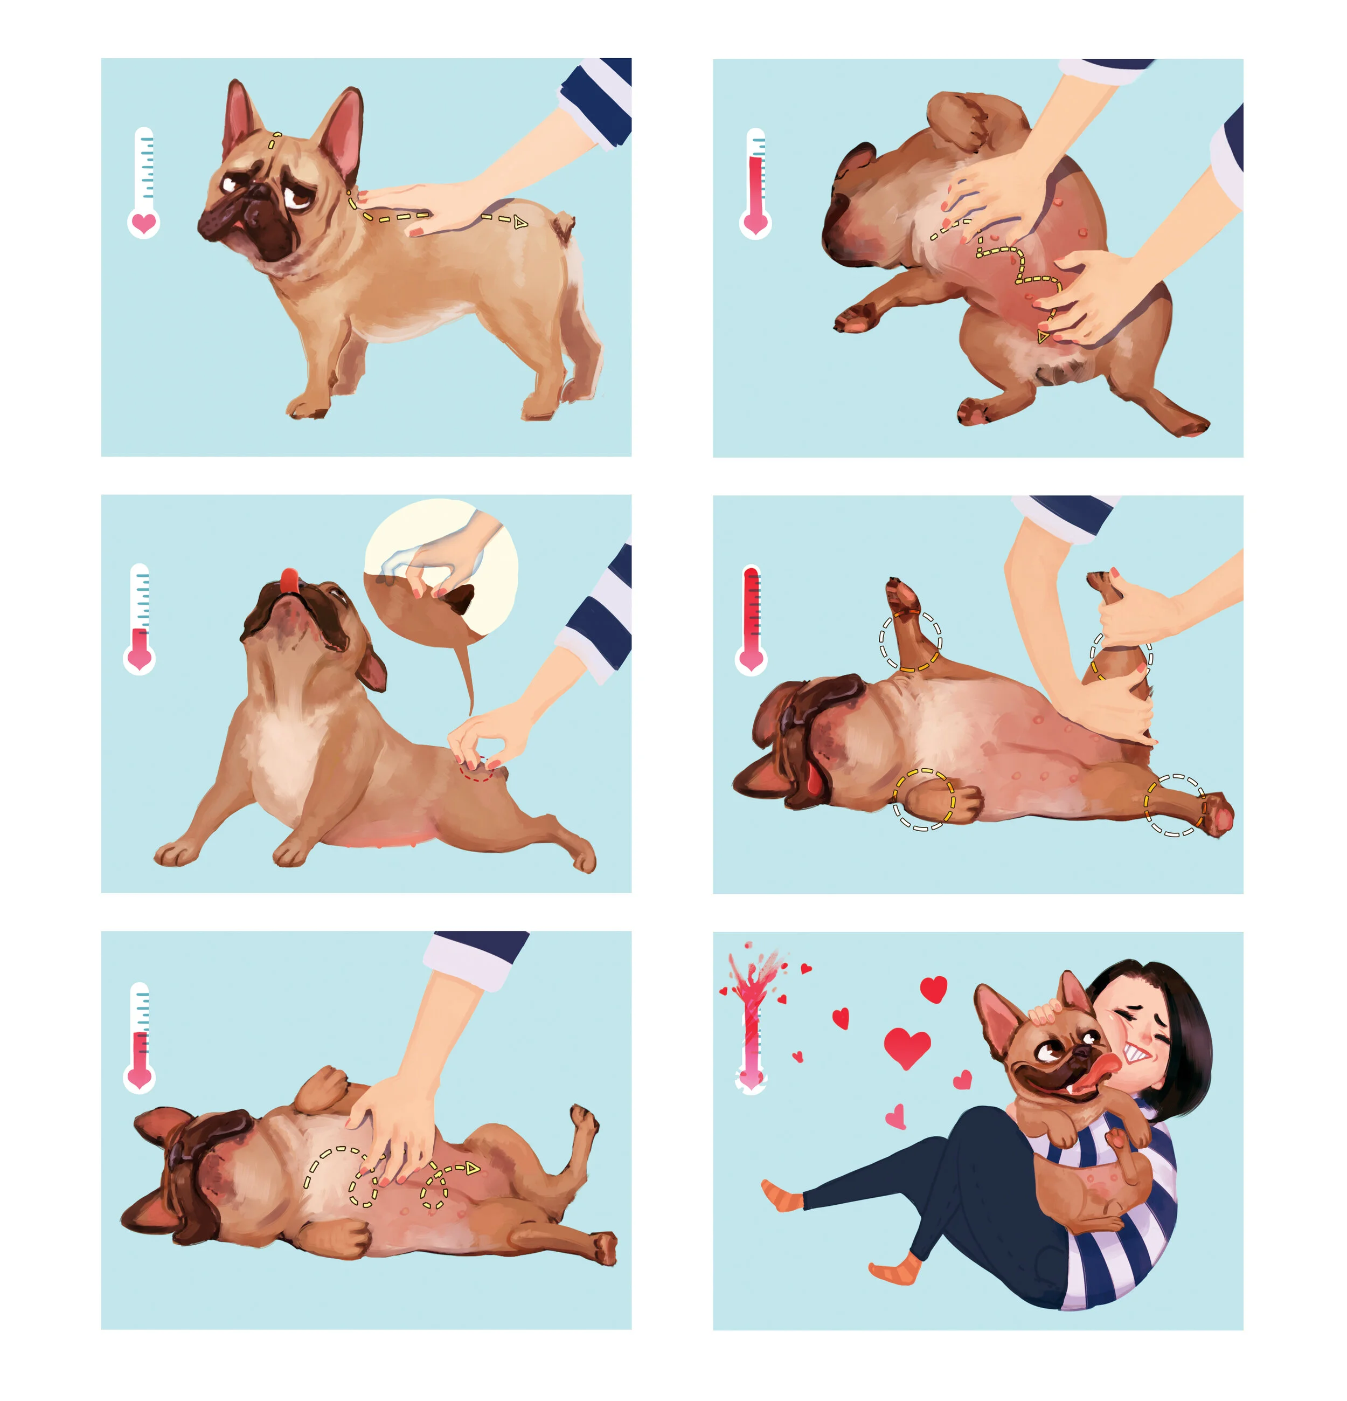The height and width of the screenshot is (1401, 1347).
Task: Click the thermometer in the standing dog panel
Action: click(x=144, y=182)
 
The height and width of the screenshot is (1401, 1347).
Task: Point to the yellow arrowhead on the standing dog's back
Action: click(x=520, y=223)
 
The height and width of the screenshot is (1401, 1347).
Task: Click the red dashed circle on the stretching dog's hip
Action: click(x=477, y=770)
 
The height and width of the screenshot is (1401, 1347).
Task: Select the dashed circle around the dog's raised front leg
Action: click(x=909, y=640)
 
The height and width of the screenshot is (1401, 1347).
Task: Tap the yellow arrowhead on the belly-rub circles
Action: click(x=471, y=1168)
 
